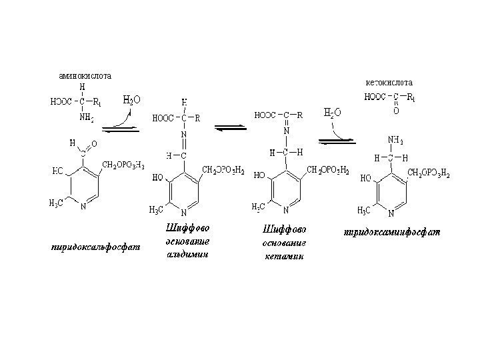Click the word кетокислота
pos(390,83)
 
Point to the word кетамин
pos(283,255)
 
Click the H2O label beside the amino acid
pos(132,101)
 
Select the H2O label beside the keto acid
pos(332,113)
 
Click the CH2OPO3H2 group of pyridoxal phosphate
pos(123,165)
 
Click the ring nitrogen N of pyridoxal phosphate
pos(82,206)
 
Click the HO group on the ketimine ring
pos(261,177)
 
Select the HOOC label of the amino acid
pos(61,103)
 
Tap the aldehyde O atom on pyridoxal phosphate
pos(93,143)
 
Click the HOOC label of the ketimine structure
pos(267,115)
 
